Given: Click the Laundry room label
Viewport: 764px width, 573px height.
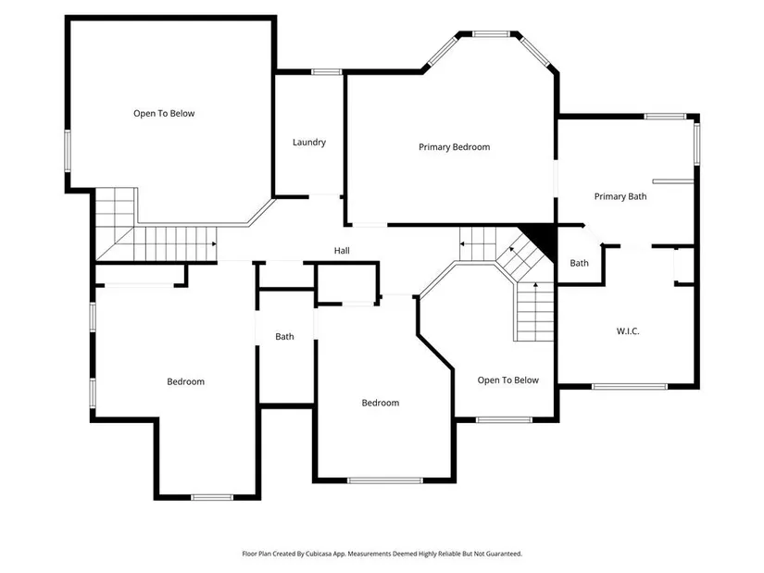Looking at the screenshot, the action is click(x=309, y=143).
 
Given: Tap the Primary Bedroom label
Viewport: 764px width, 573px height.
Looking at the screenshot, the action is click(x=454, y=147).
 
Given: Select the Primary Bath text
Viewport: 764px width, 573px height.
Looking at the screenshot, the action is click(x=620, y=196).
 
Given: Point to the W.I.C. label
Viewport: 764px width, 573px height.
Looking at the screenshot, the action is click(x=628, y=331).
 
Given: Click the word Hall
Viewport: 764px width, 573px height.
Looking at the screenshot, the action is click(x=342, y=251).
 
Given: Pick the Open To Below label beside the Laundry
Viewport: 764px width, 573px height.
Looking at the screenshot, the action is click(x=164, y=114).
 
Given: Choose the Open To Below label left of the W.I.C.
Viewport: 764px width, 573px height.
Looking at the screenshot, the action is click(x=507, y=380).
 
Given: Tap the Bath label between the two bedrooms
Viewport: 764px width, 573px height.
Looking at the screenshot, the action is click(x=284, y=337).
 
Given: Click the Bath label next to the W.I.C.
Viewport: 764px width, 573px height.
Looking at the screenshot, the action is click(x=580, y=263).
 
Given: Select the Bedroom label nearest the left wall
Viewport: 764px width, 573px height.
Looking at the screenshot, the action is click(x=185, y=381).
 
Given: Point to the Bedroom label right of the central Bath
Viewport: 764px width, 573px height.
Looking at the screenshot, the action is click(x=380, y=403).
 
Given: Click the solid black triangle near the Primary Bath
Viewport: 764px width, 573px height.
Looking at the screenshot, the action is click(x=542, y=240).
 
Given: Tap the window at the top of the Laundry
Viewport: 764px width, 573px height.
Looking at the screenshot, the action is click(x=327, y=71).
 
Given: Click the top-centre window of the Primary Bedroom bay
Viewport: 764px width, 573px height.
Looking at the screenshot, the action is click(x=491, y=34).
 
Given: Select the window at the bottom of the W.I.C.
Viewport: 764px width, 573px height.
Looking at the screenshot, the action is click(x=630, y=386).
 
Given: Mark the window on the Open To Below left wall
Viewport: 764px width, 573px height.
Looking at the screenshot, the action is click(x=68, y=151).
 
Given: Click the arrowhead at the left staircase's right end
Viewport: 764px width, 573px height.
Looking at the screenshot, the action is click(x=215, y=243).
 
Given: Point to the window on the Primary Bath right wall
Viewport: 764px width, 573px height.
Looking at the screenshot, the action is click(x=696, y=144).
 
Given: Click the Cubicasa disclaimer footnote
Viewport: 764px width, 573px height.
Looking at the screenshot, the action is click(x=382, y=554).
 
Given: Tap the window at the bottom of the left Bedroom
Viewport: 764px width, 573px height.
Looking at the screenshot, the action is click(x=212, y=497).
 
